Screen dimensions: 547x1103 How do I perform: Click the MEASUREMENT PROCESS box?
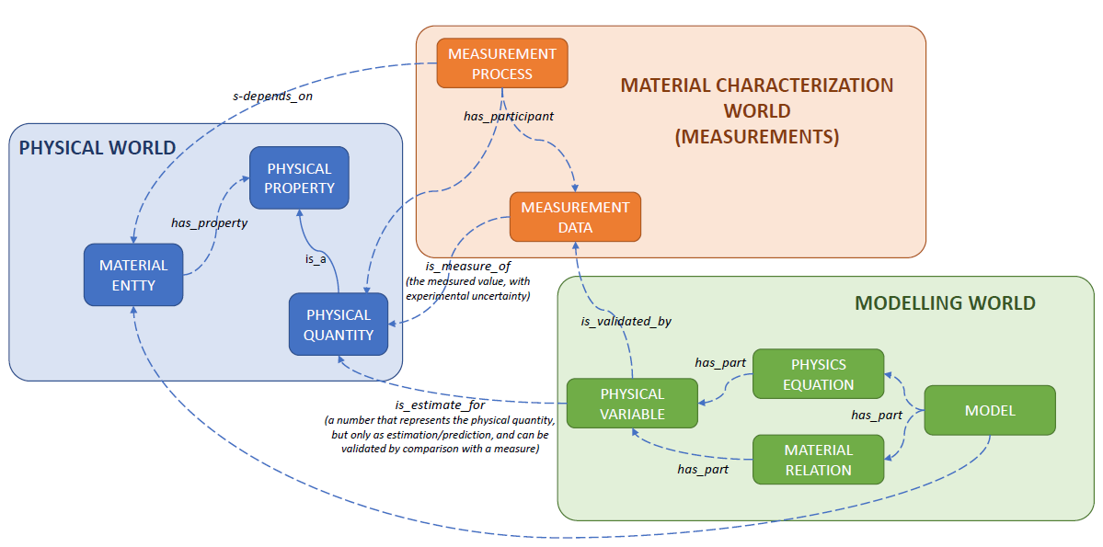(501, 63)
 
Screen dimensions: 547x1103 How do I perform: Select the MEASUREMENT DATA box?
(575, 217)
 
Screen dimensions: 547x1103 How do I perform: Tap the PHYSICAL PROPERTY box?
(299, 178)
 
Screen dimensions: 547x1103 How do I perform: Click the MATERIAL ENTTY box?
(133, 275)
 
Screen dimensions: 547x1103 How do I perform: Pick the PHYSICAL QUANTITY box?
(339, 325)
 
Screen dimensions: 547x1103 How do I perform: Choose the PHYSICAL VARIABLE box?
(632, 404)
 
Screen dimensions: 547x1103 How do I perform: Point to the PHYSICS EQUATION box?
(818, 374)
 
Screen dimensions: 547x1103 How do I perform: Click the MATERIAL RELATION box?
(818, 460)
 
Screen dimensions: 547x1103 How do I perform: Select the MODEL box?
(990, 410)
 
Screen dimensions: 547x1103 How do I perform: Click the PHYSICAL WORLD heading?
(98, 148)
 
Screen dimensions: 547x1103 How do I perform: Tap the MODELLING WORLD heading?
(945, 302)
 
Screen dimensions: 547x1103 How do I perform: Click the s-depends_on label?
(272, 95)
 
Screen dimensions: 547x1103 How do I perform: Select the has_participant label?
(508, 117)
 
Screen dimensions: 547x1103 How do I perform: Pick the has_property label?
(209, 222)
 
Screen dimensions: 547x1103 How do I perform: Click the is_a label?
(316, 259)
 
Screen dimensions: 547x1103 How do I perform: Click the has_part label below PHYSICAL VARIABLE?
(703, 470)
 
